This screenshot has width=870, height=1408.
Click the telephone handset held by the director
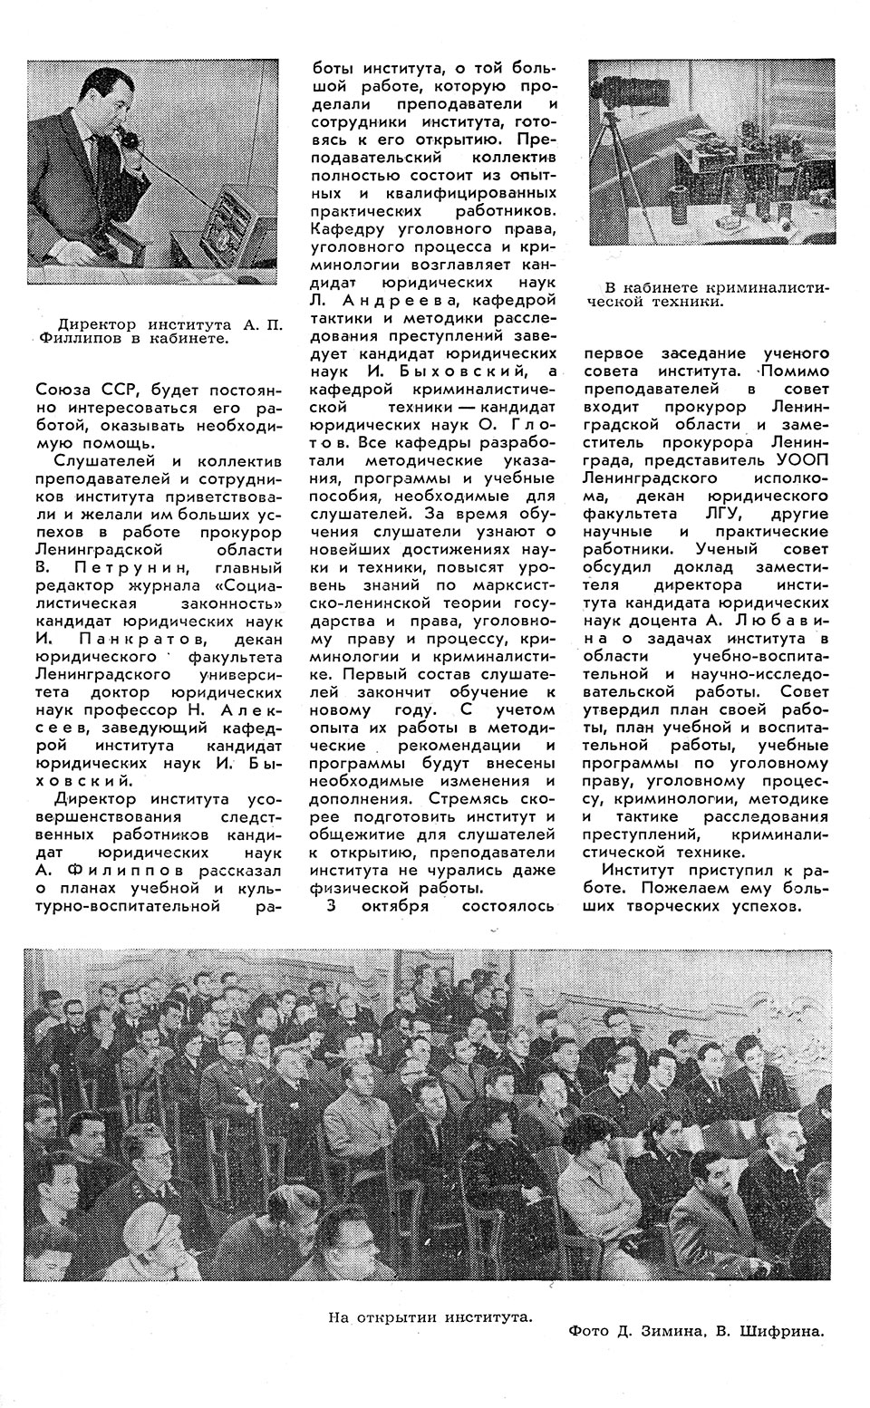128,145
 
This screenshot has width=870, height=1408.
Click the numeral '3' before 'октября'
331,905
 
